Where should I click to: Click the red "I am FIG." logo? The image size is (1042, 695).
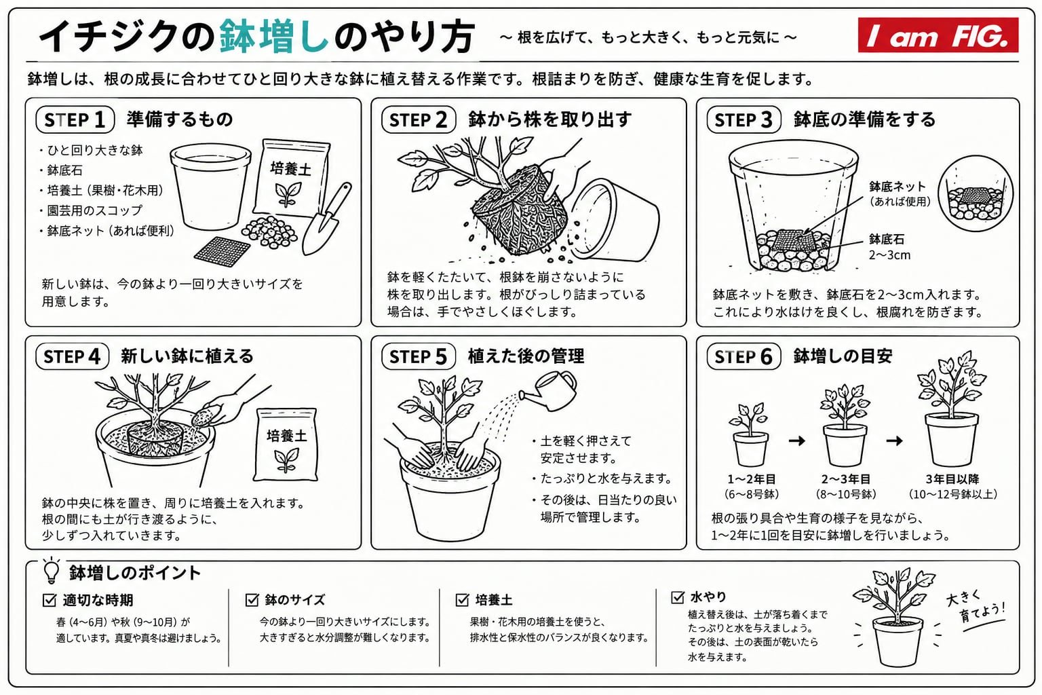(x=938, y=35)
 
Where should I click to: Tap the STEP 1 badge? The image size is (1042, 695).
(x=75, y=119)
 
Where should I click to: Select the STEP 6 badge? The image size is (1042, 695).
(x=744, y=357)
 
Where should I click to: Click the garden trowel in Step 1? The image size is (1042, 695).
(x=327, y=219)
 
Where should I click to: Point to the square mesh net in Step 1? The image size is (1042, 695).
(x=222, y=252)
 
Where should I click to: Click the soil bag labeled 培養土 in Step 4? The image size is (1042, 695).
(x=286, y=445)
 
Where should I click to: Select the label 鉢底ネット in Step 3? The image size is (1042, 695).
(x=898, y=187)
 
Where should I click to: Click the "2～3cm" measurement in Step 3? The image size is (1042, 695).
(x=889, y=255)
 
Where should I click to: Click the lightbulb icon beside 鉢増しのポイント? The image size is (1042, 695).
(x=51, y=571)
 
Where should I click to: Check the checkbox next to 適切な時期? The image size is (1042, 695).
(x=50, y=599)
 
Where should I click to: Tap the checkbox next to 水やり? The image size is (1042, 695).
(x=678, y=597)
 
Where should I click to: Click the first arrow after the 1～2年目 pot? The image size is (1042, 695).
(x=797, y=440)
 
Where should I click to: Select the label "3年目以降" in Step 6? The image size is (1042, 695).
(x=952, y=479)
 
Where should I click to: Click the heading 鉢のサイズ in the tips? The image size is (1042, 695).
(x=295, y=599)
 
